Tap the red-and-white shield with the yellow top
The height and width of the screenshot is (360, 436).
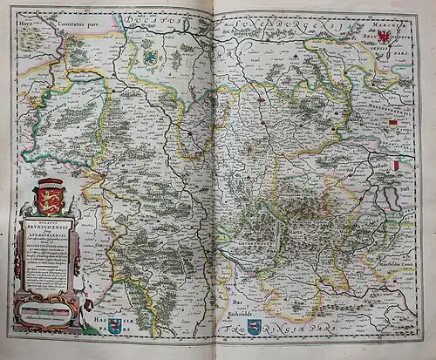[x=392, y=126]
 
